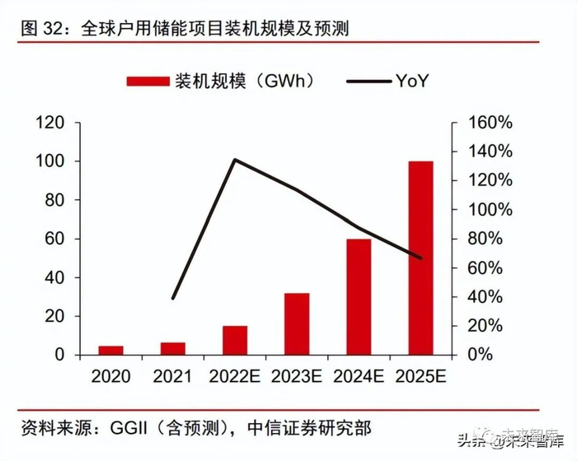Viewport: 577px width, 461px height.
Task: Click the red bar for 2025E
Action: [420, 258]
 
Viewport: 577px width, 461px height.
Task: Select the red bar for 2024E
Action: [359, 296]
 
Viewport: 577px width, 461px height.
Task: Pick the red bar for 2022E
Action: [235, 340]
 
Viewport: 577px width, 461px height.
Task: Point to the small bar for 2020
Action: [111, 350]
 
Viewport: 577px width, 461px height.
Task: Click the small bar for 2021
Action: [173, 348]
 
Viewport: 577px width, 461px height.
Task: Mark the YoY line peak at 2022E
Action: [235, 160]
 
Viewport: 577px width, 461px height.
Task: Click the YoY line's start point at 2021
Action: [173, 298]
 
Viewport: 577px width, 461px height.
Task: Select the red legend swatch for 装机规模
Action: [147, 81]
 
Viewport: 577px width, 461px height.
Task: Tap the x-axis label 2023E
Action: [297, 377]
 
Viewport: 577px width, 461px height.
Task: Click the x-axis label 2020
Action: [111, 377]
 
